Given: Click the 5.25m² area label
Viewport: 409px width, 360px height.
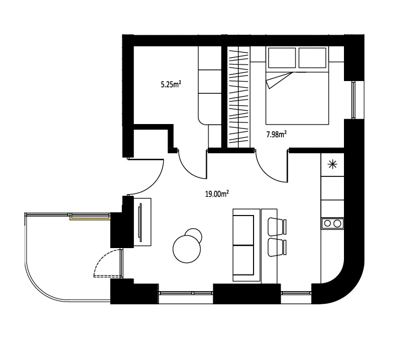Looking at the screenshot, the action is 171,84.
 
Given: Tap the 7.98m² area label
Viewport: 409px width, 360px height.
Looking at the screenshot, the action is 277,135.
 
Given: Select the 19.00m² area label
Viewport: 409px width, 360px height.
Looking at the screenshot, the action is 217,194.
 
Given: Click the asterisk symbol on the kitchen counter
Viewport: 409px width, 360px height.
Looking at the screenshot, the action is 332,164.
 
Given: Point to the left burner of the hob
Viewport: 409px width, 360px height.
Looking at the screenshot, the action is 327,224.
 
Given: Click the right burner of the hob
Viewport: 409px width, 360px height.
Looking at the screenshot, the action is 337,224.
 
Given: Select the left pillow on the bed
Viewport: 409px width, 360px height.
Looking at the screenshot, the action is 282,58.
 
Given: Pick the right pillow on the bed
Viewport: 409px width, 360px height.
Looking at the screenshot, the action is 312,58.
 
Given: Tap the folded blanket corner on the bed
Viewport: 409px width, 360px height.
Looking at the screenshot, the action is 277,80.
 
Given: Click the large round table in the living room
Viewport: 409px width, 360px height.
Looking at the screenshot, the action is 187,249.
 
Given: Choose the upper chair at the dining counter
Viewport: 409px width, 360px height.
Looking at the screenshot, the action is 278,225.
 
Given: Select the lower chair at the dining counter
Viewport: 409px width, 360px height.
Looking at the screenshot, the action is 278,248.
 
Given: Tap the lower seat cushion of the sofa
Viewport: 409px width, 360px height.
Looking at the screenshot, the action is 243,260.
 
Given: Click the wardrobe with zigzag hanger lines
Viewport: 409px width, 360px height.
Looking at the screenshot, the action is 239,97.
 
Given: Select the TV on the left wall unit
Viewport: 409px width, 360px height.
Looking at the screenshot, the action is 141,222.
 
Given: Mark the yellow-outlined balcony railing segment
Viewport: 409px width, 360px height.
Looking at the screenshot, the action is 90,217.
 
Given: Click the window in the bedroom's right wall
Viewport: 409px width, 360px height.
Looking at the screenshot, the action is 354,100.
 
